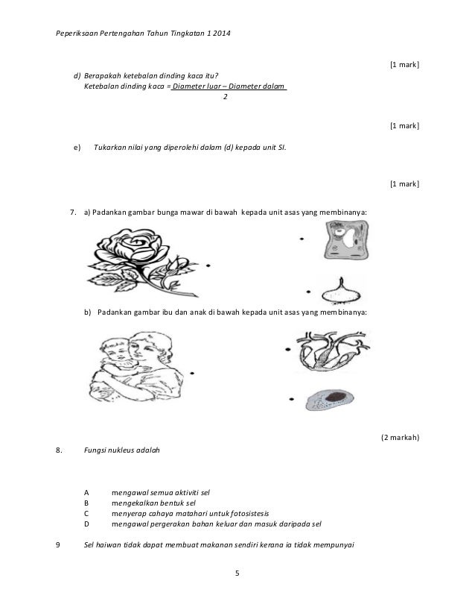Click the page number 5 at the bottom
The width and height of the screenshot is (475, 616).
[x=237, y=573]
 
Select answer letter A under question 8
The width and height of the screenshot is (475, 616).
[x=86, y=493]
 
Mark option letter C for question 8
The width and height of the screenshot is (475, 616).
[x=86, y=514]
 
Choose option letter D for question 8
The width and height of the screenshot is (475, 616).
[x=86, y=524]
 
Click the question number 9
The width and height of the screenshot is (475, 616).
[x=59, y=544]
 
